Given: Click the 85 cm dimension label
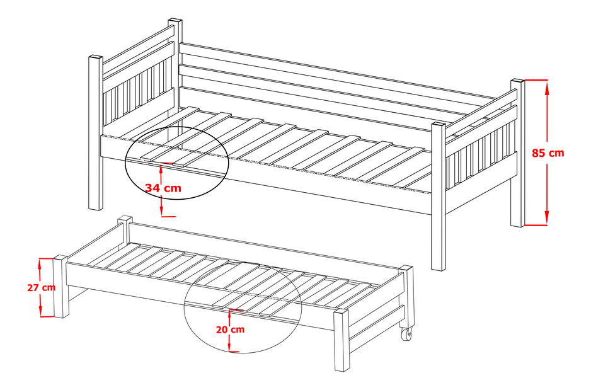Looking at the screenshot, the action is coord(548,153).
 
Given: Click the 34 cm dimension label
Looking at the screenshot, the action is coord(164,188).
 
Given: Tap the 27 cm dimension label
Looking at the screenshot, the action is coord(42,287).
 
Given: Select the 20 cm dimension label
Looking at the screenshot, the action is coord(231,330).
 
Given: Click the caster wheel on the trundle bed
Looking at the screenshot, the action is coord(406,334).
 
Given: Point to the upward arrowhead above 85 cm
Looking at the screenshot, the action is coord(546,88).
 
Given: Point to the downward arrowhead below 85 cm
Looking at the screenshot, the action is coord(546,218).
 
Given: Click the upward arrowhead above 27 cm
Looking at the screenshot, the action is coord(40,265).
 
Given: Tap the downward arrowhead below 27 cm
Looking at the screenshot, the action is coord(40,311).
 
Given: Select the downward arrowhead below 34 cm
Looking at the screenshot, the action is coord(161,210).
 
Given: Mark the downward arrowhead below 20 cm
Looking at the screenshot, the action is coord(229,345).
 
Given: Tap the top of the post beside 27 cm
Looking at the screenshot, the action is coord(60,258).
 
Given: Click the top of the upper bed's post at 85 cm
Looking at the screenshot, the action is coord(517,81).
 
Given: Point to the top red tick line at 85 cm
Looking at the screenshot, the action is coord(535,80).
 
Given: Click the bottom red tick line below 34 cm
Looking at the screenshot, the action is coord(168,216).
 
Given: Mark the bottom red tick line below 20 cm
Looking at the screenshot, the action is coord(234,352).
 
